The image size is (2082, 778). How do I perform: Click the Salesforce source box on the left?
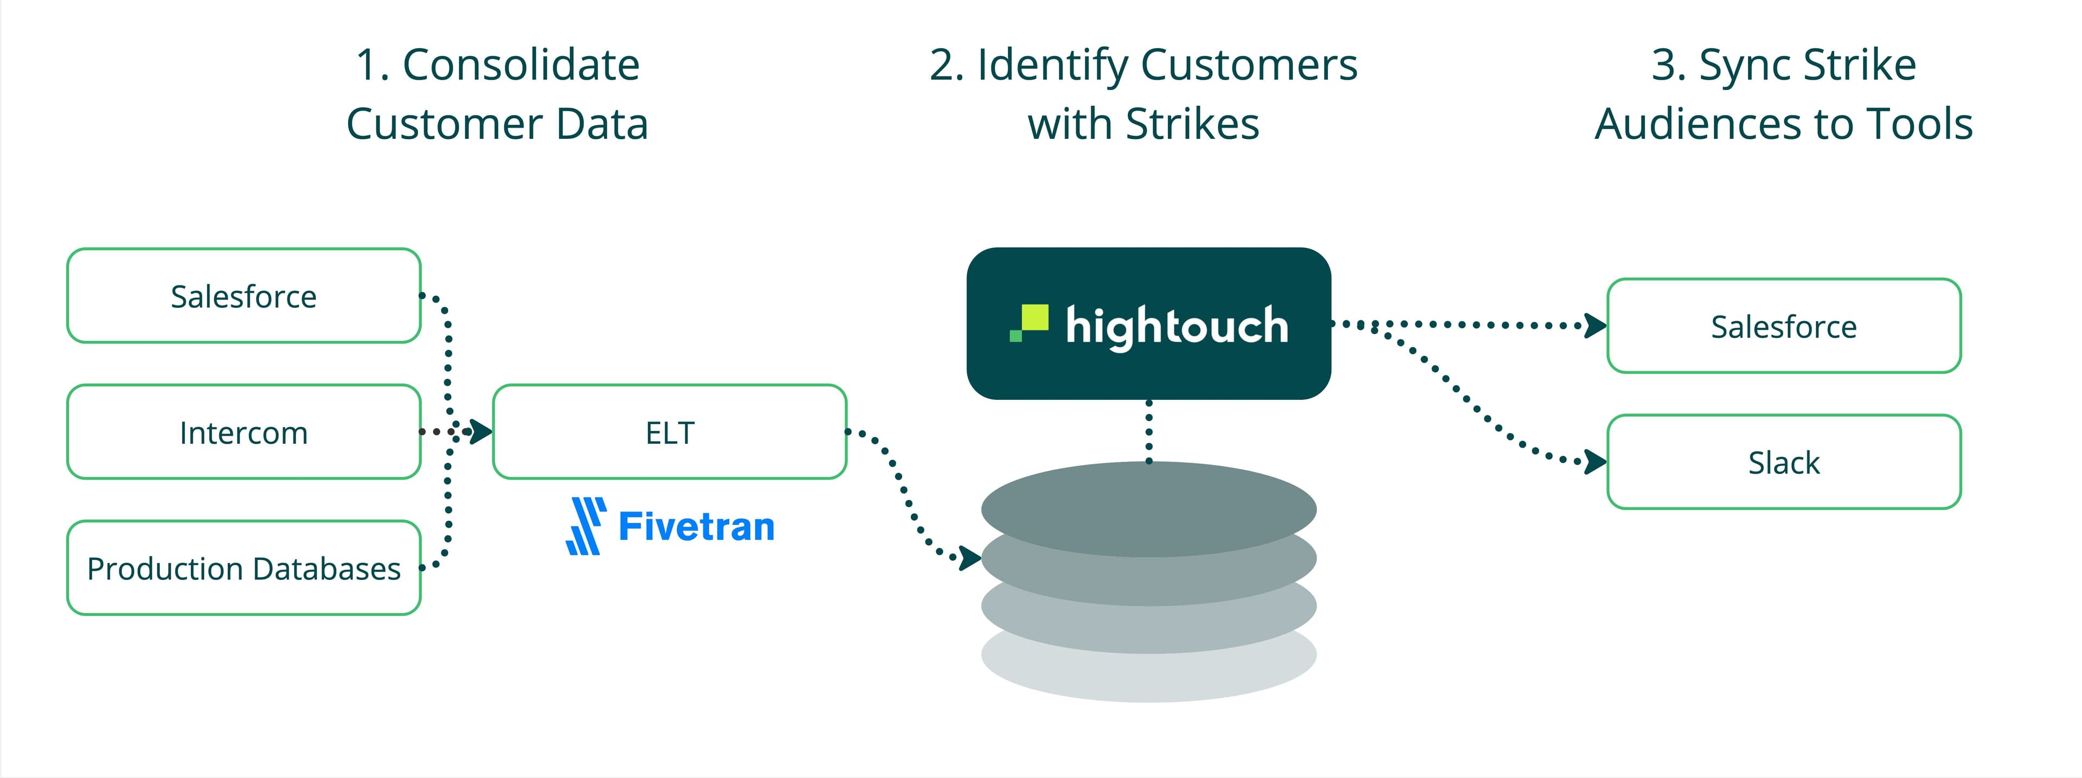click(243, 296)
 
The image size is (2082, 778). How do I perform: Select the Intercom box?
click(243, 432)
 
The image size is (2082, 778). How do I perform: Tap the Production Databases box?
click(243, 567)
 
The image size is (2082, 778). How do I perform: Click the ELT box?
click(669, 432)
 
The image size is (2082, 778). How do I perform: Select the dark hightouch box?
click(1148, 323)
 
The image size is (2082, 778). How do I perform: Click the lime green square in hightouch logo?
click(1034, 318)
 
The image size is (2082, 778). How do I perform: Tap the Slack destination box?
click(1784, 462)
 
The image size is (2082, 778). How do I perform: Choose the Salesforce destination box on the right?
click(1784, 326)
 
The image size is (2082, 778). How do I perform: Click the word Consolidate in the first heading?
click(520, 65)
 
